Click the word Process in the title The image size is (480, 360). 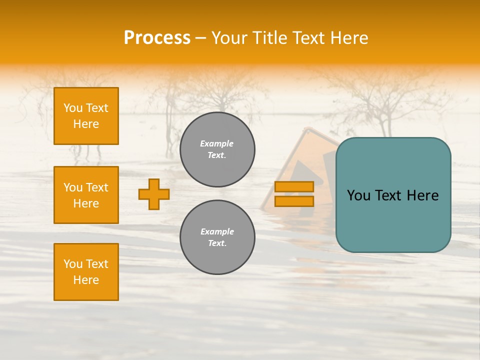(x=157, y=37)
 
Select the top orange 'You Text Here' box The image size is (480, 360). (x=86, y=116)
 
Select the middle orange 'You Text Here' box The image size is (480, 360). (x=86, y=195)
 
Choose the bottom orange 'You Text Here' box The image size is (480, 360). (x=86, y=272)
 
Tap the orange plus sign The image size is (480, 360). (x=154, y=194)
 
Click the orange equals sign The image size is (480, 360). (x=294, y=194)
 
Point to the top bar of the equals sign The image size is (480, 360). (x=294, y=186)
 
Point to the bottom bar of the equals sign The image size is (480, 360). (x=294, y=201)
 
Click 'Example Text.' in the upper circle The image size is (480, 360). (x=217, y=149)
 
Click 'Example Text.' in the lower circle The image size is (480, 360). (x=217, y=237)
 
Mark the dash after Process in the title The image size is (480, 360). (x=201, y=38)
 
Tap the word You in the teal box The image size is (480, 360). (x=359, y=195)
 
